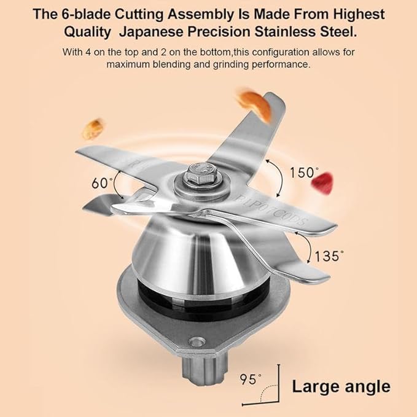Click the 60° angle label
click(102, 183)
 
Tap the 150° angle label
click(304, 173)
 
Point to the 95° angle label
click(251, 380)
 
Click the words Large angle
click(341, 386)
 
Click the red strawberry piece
click(323, 183)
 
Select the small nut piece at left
click(93, 129)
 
